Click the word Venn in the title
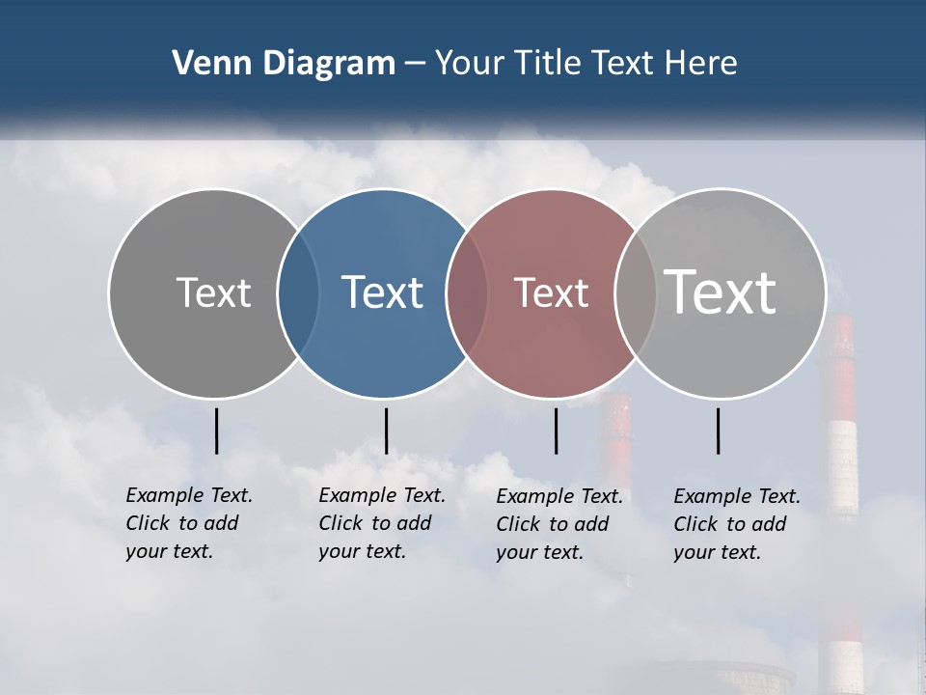(x=206, y=64)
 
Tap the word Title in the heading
(x=547, y=64)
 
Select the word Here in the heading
(x=701, y=64)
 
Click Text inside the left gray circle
(x=213, y=292)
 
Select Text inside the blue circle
(x=383, y=292)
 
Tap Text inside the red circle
(x=551, y=292)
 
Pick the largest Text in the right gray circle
(x=721, y=292)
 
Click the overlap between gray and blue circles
(x=298, y=292)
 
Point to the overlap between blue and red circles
(x=467, y=292)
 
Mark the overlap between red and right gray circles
(x=636, y=292)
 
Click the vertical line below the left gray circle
(x=216, y=431)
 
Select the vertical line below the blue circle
(x=386, y=431)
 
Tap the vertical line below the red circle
(x=557, y=431)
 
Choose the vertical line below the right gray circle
(x=719, y=431)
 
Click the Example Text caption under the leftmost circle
(x=188, y=523)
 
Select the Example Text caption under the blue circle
(x=381, y=523)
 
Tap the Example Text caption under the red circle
(x=558, y=524)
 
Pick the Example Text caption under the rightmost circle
(x=736, y=524)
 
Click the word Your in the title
(x=469, y=64)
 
